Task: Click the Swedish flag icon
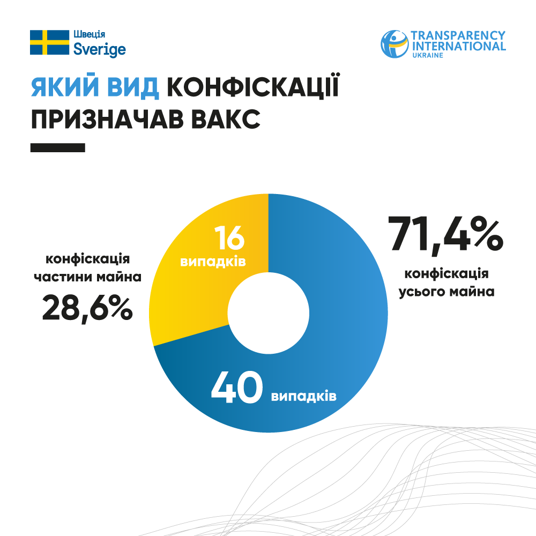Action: pyautogui.click(x=49, y=42)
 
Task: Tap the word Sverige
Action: pyautogui.click(x=99, y=50)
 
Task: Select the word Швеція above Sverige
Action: pyautogui.click(x=86, y=35)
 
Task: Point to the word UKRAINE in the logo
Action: pyautogui.click(x=427, y=56)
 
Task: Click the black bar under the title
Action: pyautogui.click(x=58, y=147)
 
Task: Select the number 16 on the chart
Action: pyautogui.click(x=229, y=238)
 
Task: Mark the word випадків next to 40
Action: pyautogui.click(x=303, y=397)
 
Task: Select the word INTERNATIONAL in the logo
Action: pyautogui.click(x=458, y=46)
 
